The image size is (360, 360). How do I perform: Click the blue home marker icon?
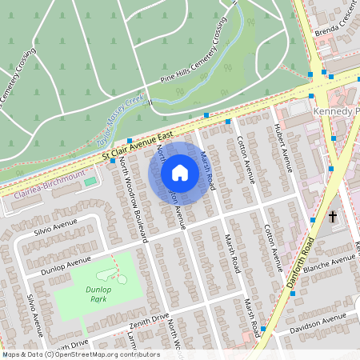pyautogui.click(x=180, y=173)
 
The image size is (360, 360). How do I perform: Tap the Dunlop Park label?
pyautogui.click(x=98, y=294)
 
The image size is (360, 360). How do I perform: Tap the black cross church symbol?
pyautogui.click(x=333, y=216)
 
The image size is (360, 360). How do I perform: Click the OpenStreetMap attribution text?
pyautogui.click(x=80, y=354)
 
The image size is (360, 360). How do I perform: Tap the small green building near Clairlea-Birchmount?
pyautogui.click(x=89, y=181)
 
